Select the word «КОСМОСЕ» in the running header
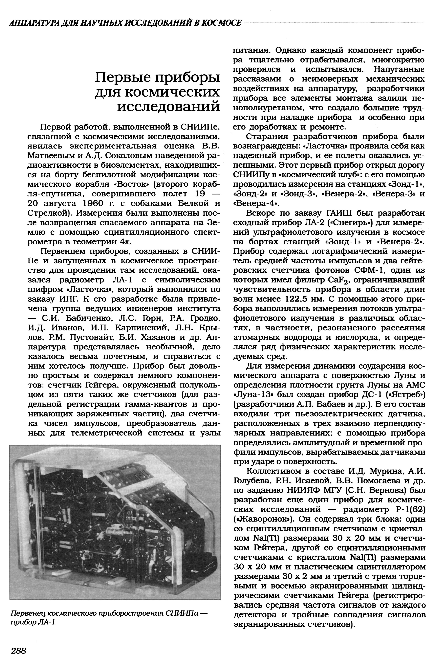click(223, 23)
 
